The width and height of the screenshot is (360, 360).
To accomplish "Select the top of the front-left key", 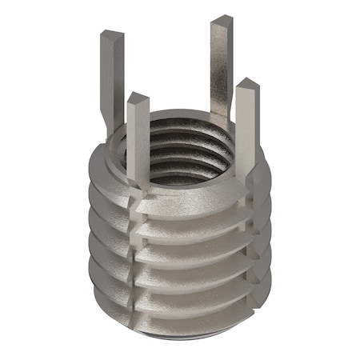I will click(x=138, y=99).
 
